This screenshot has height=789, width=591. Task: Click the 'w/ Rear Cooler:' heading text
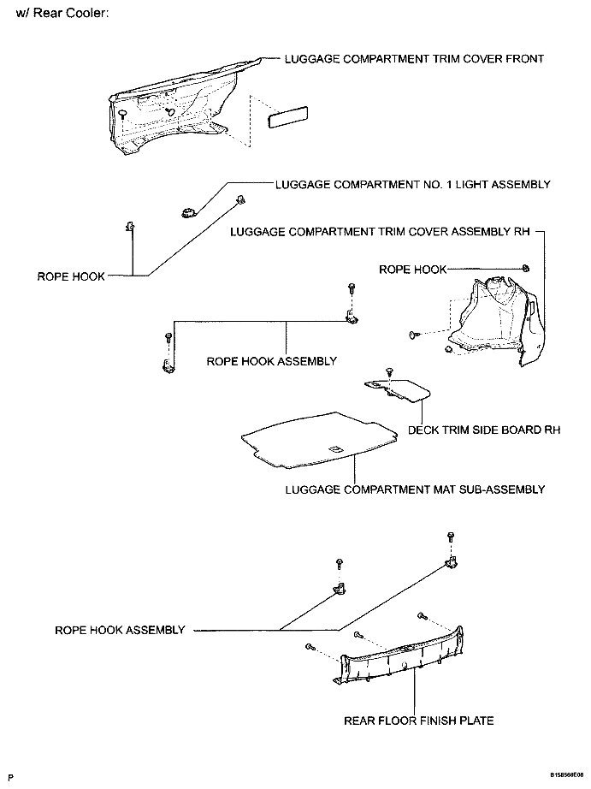[62, 15]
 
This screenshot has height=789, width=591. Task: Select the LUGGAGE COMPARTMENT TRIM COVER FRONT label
[414, 59]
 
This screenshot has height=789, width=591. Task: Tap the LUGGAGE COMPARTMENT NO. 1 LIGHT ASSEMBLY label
[412, 184]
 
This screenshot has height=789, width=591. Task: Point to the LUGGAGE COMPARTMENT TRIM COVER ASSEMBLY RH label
[381, 232]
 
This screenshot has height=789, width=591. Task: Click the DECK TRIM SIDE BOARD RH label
[484, 430]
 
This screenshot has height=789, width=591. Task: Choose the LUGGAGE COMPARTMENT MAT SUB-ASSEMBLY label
[415, 489]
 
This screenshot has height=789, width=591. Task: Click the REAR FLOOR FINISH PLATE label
[418, 721]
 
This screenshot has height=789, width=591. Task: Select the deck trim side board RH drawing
[397, 390]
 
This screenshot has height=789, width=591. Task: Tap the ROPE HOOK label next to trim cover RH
[413, 270]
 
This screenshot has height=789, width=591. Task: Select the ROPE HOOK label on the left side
[71, 276]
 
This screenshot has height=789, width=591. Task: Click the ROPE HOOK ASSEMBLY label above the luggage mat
[272, 361]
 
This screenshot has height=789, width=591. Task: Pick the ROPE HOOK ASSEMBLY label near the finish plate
[120, 630]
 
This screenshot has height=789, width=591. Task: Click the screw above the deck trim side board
[390, 371]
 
